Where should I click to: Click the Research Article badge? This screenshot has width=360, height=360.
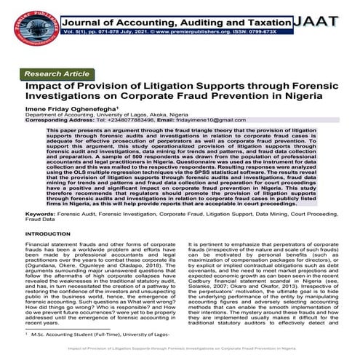(57, 74)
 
